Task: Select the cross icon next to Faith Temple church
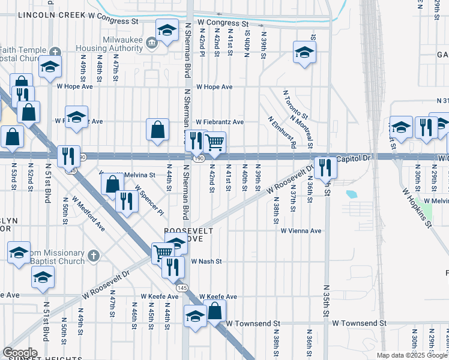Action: click(55, 52)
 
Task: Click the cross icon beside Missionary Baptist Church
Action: click(92, 256)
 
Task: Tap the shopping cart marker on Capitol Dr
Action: click(214, 143)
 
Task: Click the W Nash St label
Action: click(206, 262)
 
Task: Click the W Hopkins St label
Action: click(417, 208)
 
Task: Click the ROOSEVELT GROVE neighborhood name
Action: click(185, 235)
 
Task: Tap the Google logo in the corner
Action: click(20, 353)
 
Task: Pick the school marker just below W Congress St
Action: click(166, 29)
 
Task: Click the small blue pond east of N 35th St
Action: click(351, 194)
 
